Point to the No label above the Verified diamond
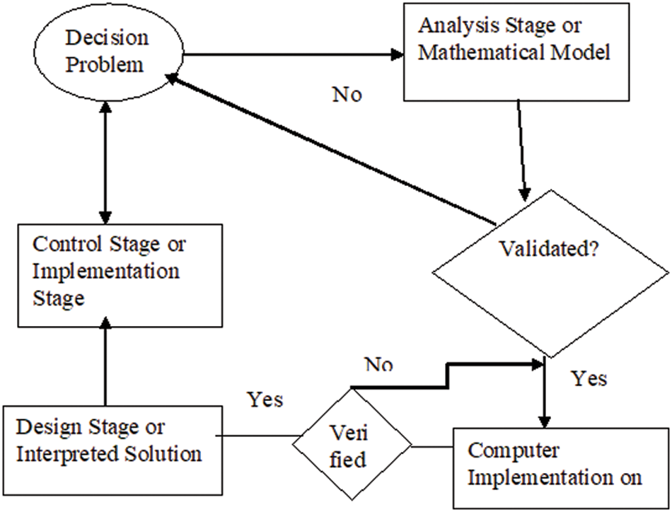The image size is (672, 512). point(379,365)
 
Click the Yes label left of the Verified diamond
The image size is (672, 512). point(265,400)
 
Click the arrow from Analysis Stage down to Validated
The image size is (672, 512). point(522,149)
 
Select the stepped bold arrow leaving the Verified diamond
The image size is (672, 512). point(446,375)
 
